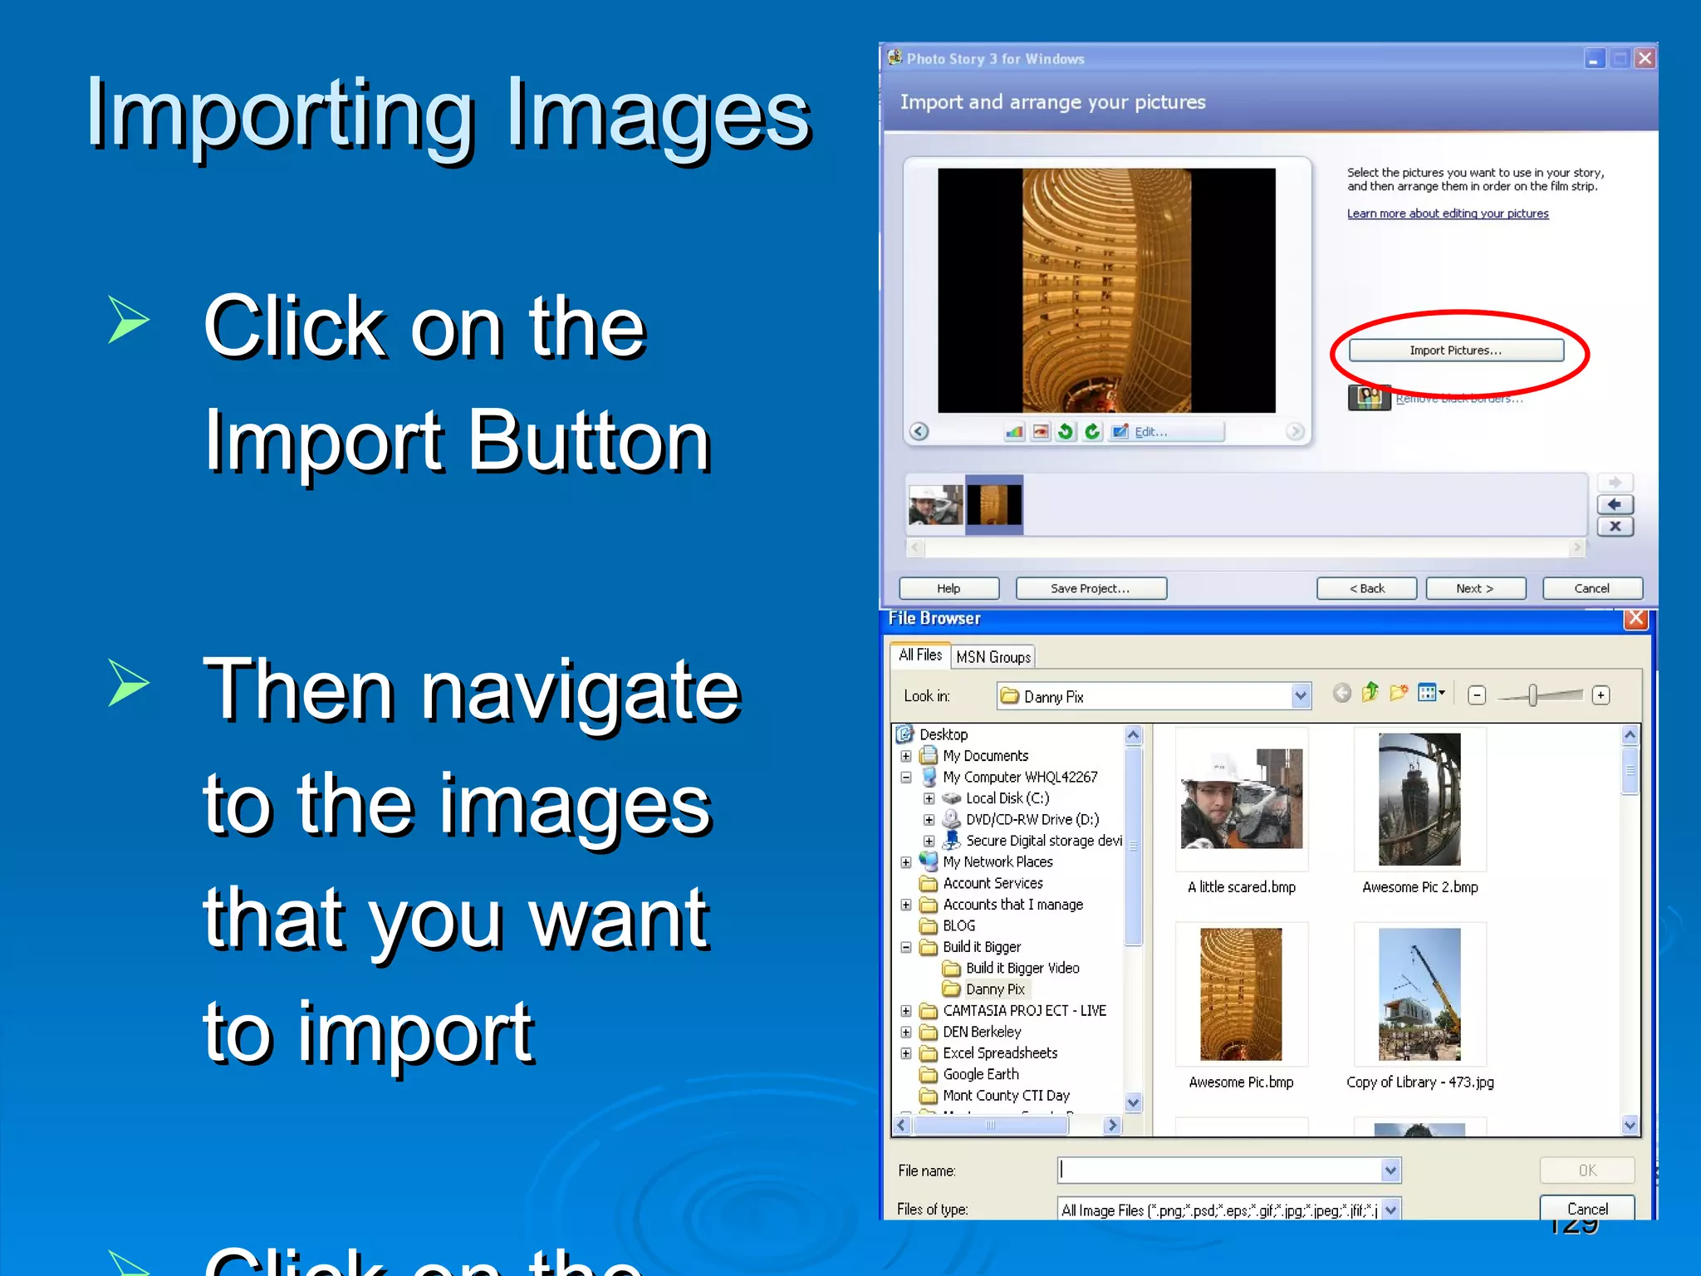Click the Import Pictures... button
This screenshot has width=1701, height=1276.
1455,351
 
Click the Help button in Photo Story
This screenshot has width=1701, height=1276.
949,588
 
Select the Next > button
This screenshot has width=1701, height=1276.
1475,588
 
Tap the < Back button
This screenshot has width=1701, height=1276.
1366,588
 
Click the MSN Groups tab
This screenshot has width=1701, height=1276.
993,657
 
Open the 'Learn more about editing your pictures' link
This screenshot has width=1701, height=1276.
1448,213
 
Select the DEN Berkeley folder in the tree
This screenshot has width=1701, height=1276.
982,1032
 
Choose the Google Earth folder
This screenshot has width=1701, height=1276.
981,1074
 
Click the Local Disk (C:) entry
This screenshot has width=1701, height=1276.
1007,798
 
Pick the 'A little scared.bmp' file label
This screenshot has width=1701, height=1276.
1242,887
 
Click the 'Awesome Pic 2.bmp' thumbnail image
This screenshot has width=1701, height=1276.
1419,799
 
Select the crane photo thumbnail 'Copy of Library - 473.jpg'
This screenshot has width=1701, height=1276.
1419,994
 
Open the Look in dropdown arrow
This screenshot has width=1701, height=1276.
1301,696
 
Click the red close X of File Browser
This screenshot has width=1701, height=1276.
1635,619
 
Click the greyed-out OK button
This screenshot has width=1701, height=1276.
1587,1170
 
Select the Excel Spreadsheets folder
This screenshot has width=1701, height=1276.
1000,1053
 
